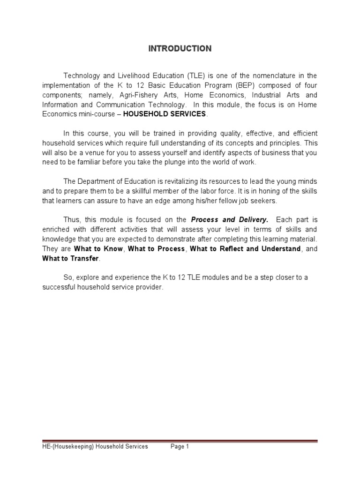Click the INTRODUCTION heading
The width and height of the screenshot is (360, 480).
(x=180, y=49)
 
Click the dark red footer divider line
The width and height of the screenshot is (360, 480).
(x=180, y=441)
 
